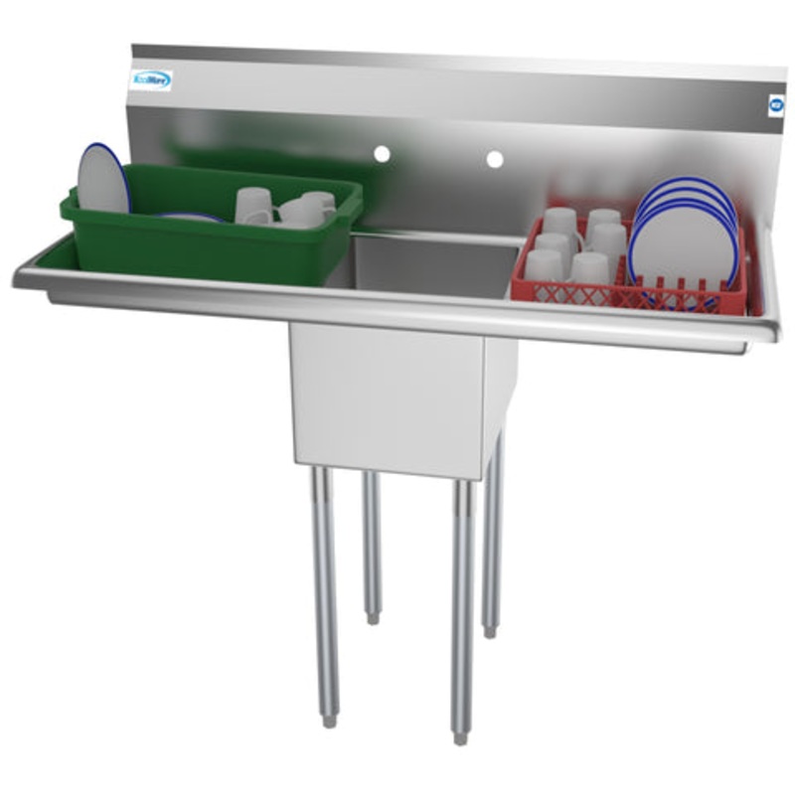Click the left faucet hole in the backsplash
(x=381, y=154)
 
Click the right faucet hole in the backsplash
(x=494, y=159)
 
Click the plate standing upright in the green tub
(x=103, y=179)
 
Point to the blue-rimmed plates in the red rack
(x=686, y=238)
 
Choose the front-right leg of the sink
(x=461, y=606)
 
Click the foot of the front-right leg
(x=460, y=736)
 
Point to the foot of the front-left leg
(x=328, y=718)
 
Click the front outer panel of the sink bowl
(x=388, y=397)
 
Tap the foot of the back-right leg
(x=490, y=630)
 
